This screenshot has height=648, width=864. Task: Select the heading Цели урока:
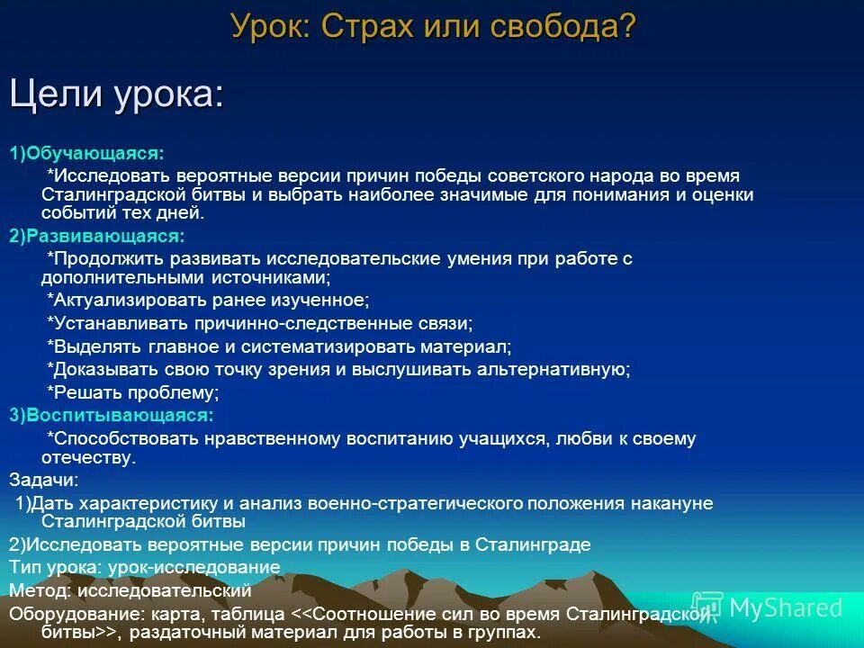pos(116,95)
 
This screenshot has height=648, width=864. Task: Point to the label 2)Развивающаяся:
pos(97,236)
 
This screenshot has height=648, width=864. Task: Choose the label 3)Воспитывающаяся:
pos(112,415)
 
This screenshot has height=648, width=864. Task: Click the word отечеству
pos(88,458)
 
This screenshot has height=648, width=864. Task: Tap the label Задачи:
pos(44,480)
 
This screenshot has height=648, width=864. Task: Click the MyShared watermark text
pos(784,607)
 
